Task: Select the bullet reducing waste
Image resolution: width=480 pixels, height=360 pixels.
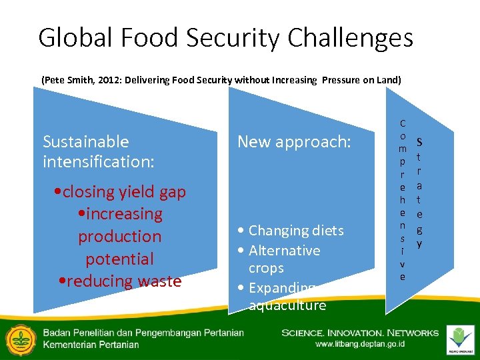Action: pos(120,281)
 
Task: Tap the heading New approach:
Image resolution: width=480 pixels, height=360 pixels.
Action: pos(294,141)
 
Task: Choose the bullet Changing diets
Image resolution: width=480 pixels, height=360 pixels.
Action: pos(291,231)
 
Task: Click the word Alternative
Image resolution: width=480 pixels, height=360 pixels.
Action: pos(284,251)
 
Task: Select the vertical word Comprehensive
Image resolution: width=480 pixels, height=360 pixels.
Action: pos(403,199)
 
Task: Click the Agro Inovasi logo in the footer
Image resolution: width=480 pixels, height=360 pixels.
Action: pos(461,339)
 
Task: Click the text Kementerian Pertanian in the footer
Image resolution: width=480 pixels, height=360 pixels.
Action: pos(91,345)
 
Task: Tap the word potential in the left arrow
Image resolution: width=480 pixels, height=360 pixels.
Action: pos(120,259)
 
